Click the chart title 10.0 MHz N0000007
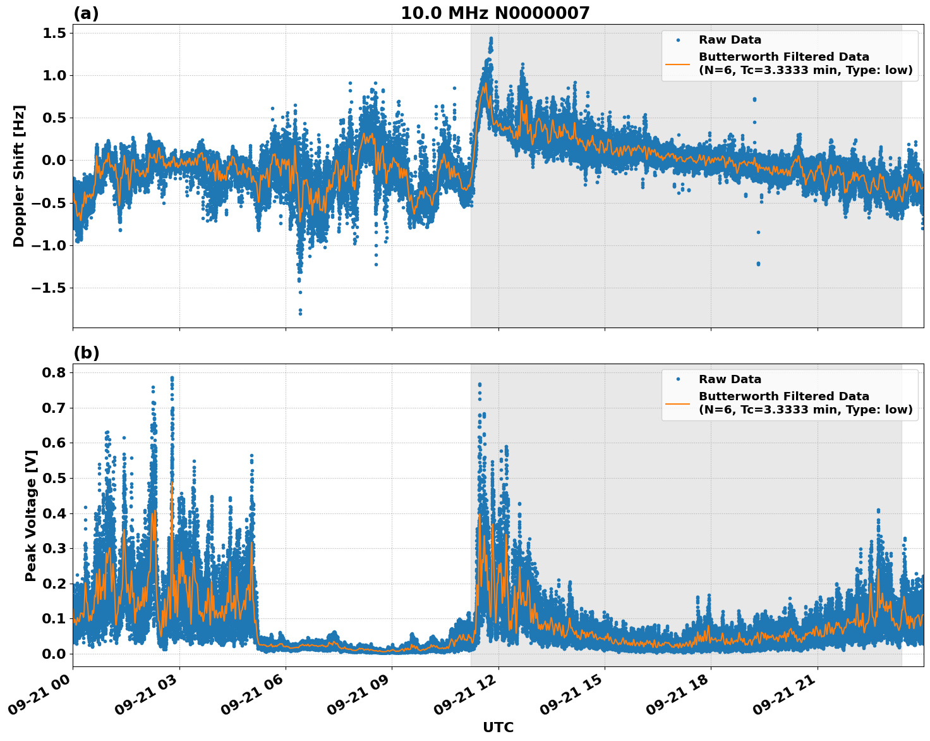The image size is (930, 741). tap(495, 13)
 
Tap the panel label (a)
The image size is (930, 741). tap(86, 13)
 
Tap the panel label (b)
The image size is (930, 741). tap(86, 353)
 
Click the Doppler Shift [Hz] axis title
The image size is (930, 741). tap(19, 176)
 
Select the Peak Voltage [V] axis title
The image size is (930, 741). tap(30, 515)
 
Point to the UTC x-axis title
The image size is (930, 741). tap(498, 727)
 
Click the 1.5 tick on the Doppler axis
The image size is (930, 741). tap(54, 33)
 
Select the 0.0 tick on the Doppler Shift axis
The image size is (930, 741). tap(54, 161)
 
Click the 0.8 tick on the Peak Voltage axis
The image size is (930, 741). tap(54, 372)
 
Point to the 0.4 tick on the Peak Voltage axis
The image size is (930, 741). tap(54, 513)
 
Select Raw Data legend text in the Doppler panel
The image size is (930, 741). tap(730, 40)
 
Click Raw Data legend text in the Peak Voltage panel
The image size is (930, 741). tap(730, 379)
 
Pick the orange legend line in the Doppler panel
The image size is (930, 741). tap(677, 64)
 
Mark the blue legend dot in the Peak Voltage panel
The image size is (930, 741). tap(677, 379)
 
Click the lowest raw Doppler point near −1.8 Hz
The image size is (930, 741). tap(300, 313)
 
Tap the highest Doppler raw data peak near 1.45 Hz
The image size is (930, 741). tap(491, 39)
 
